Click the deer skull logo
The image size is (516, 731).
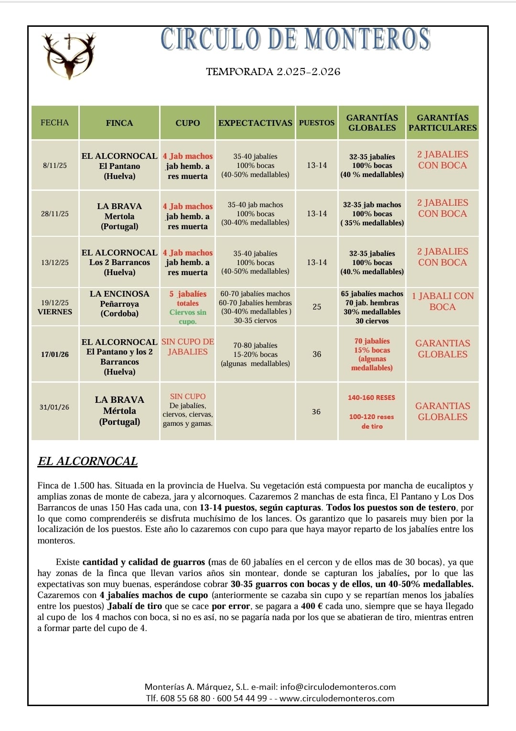tap(68, 55)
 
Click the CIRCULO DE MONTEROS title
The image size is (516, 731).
tap(296, 39)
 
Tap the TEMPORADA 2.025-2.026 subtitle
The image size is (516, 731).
tap(273, 72)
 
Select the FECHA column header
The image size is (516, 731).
tap(54, 122)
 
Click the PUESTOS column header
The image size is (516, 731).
tap(317, 123)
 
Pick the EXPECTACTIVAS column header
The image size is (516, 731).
tap(255, 123)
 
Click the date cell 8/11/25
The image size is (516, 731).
tap(55, 166)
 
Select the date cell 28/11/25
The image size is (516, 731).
tap(55, 214)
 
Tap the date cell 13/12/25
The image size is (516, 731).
tap(55, 263)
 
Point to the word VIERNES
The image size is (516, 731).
tap(55, 312)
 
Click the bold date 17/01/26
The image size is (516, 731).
tap(55, 354)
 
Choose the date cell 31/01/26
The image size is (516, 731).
tap(54, 407)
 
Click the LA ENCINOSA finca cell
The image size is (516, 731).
tap(119, 303)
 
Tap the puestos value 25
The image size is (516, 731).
tap(317, 307)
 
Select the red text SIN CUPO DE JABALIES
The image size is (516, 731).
tap(188, 347)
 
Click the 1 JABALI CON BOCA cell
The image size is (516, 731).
tap(442, 301)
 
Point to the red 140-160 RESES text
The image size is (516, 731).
tap(371, 398)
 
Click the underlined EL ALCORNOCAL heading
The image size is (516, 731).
tap(87, 461)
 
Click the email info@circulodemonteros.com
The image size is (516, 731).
tap(338, 687)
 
